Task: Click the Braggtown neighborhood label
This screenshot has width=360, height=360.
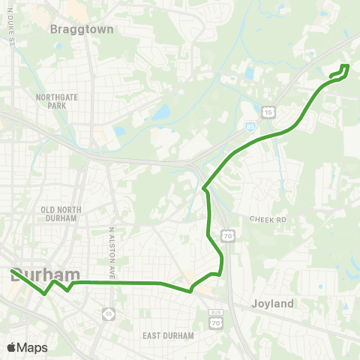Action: (x=81, y=30)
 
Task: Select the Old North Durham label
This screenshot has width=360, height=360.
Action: (x=59, y=213)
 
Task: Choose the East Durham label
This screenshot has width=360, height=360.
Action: (x=167, y=335)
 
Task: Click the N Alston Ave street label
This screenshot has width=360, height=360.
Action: (x=110, y=254)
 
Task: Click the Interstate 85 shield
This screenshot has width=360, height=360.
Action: (x=249, y=127)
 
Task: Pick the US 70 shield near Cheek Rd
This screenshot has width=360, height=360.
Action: (x=227, y=236)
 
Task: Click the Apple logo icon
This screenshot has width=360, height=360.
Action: (x=10, y=347)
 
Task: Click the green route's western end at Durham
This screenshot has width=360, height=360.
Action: (x=13, y=271)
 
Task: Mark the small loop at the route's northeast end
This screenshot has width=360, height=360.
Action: (x=340, y=71)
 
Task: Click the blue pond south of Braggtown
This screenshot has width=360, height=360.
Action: (x=160, y=115)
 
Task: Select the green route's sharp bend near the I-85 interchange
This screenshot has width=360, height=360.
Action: (x=204, y=187)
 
